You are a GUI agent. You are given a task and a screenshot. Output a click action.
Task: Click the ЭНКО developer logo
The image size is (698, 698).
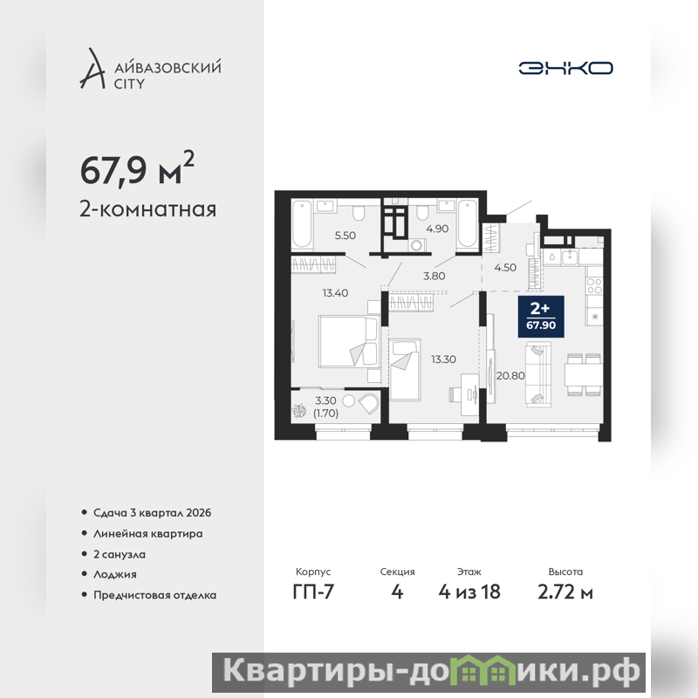tap(565, 68)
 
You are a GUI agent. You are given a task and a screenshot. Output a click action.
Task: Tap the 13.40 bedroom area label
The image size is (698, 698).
tap(335, 293)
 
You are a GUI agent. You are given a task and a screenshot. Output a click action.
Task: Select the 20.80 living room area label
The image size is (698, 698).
tap(510, 376)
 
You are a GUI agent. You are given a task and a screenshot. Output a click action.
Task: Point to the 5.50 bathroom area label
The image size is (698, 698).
tap(346, 235)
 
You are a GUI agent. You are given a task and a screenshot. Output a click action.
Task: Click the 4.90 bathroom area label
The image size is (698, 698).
tap(437, 229)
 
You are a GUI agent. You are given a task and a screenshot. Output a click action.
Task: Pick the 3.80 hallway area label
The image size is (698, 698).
tap(434, 276)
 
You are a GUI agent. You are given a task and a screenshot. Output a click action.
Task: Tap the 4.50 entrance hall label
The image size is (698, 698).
tap(505, 268)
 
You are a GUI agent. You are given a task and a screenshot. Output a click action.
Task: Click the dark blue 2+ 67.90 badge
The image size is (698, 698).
tap(541, 316)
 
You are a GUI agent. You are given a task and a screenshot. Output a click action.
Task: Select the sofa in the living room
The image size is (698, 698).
tap(537, 374)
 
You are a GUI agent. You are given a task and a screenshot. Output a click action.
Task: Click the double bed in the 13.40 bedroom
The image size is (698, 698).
tap(348, 342)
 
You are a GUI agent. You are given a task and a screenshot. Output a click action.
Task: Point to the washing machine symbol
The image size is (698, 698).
tap(417, 246)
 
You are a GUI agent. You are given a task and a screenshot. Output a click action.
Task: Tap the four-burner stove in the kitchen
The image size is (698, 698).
tap(594, 285)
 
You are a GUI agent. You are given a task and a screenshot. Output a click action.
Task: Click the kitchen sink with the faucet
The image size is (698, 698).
tap(569, 257)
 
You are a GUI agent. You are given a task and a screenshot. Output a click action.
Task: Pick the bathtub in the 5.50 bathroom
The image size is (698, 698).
tap(302, 223)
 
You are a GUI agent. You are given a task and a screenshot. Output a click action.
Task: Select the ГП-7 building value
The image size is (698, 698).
tap(313, 592)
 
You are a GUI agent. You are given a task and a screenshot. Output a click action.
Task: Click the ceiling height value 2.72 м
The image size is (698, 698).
tap(565, 592)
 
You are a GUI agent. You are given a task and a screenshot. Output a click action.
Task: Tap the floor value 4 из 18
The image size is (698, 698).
tap(469, 592)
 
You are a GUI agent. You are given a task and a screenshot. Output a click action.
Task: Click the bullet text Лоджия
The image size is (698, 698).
tap(115, 574)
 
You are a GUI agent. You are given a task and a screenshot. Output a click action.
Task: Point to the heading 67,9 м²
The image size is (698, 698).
tap(137, 169)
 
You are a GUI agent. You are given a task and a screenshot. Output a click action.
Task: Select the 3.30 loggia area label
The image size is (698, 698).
tap(325, 400)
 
